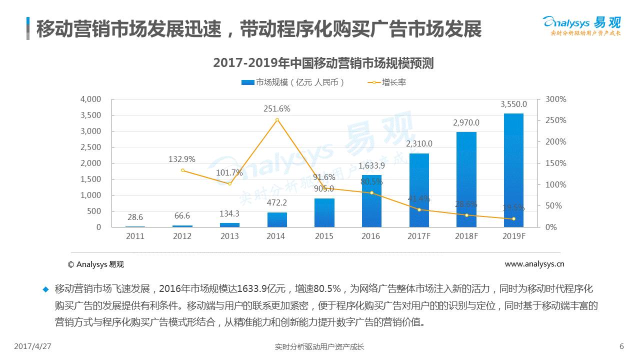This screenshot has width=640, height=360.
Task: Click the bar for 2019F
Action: tap(513, 170)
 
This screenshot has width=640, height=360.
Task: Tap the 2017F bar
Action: tap(419, 190)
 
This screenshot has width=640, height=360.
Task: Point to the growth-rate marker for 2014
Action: tap(277, 120)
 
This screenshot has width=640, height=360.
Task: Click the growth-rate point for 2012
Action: tap(182, 170)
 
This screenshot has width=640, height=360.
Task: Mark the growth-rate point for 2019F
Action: tap(513, 219)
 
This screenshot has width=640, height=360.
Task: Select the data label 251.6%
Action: tap(277, 108)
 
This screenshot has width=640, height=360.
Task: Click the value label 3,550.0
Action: tap(513, 104)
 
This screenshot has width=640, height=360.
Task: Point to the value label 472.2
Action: tap(277, 202)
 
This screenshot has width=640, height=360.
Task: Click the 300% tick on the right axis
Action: tap(555, 99)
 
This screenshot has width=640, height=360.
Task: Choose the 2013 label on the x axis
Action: tap(229, 236)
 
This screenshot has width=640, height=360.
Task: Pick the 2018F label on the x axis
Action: tap(466, 236)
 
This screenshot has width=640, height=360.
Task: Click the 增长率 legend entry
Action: tap(387, 82)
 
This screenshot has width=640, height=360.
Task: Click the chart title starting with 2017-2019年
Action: tap(323, 63)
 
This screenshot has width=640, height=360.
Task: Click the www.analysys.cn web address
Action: tap(534, 264)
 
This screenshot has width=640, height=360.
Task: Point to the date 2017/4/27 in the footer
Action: tap(33, 346)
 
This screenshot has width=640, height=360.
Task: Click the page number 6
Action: tap(621, 346)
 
